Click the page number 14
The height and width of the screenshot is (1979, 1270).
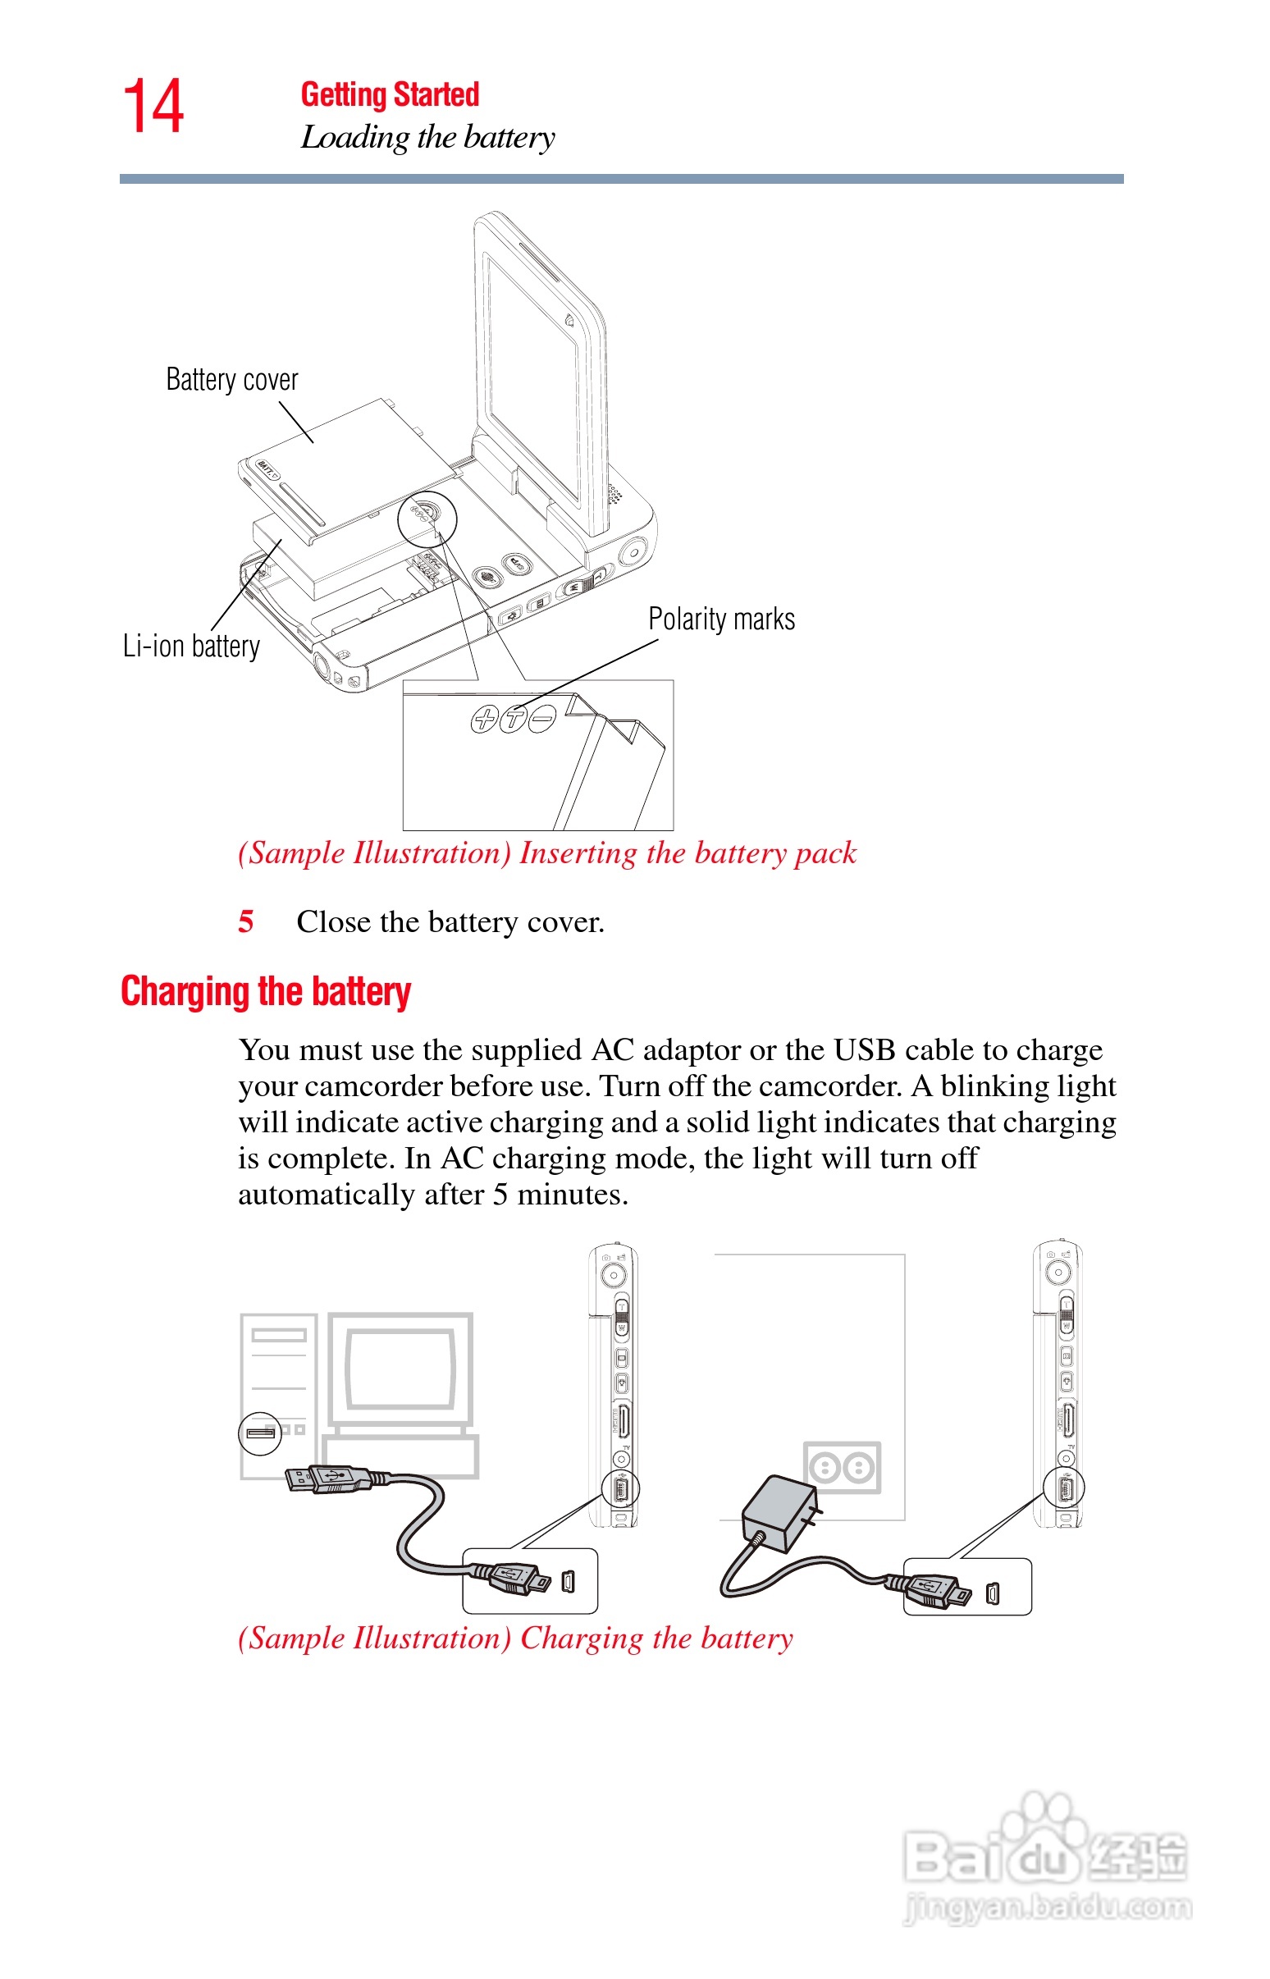[x=153, y=107]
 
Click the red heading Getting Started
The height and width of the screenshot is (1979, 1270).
[x=389, y=95]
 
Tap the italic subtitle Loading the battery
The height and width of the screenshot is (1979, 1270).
[x=427, y=138]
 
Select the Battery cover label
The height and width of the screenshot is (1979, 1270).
[x=231, y=380]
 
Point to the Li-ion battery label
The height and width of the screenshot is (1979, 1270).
[x=191, y=646]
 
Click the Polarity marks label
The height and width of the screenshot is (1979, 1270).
[x=722, y=619]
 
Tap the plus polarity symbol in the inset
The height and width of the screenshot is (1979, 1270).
[x=484, y=719]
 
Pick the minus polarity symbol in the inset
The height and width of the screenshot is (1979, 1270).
[x=542, y=718]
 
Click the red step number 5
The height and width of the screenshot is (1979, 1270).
[x=246, y=921]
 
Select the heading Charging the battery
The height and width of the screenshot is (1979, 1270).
[x=266, y=991]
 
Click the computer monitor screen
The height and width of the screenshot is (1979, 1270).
[x=401, y=1369]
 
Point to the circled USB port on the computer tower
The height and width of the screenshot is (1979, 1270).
[x=261, y=1433]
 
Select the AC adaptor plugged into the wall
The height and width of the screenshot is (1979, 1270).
[x=779, y=1511]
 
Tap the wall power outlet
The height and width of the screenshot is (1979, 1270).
[x=842, y=1468]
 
